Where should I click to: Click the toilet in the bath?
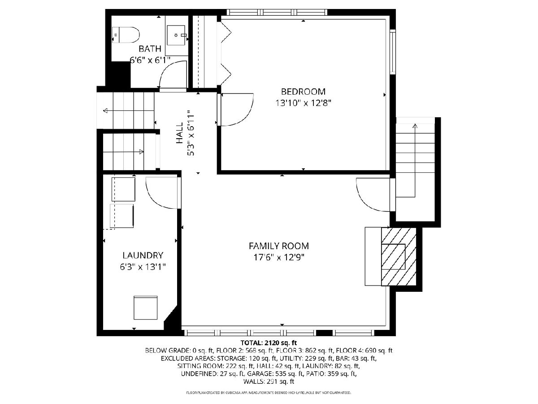point(126,35)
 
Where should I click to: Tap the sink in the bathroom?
point(176,35)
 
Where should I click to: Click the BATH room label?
point(150,49)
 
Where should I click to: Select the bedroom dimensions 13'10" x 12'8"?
point(303,103)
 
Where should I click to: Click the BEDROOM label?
point(303,92)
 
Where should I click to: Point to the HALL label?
point(180,133)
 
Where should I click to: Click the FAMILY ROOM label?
point(279,246)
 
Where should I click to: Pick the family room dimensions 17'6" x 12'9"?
point(279,258)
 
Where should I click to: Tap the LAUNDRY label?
point(143,255)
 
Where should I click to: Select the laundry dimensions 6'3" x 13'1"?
point(143,267)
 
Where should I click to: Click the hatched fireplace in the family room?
point(399,257)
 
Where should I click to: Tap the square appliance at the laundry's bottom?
point(145,308)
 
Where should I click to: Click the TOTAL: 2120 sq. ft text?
point(269,343)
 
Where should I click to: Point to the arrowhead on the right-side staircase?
point(415,126)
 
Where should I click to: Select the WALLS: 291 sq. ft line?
point(269,382)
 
